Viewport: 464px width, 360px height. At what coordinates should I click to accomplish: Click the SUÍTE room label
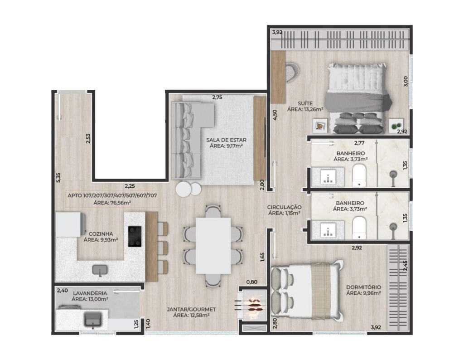(305, 104)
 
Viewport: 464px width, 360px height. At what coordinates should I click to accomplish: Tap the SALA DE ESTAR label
(227, 140)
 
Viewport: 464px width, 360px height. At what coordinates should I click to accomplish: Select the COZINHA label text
(101, 234)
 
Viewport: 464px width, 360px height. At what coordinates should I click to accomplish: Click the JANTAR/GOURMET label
(192, 309)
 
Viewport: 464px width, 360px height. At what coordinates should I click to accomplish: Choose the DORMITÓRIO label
(364, 287)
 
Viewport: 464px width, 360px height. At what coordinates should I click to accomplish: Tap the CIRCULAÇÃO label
(285, 208)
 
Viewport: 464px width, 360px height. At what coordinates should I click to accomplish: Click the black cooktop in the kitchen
(135, 236)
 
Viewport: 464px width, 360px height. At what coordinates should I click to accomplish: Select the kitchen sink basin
(100, 270)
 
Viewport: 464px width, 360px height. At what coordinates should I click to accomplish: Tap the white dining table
(213, 246)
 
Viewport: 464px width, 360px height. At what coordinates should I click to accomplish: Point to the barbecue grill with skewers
(252, 305)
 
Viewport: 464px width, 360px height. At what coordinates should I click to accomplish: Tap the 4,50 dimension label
(275, 115)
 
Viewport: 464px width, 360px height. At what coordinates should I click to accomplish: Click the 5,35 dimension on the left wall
(58, 177)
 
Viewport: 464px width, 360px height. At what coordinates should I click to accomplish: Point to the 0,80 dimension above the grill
(252, 282)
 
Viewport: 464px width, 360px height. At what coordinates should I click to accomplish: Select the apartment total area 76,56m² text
(112, 203)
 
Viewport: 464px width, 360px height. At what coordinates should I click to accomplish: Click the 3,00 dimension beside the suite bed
(406, 81)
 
